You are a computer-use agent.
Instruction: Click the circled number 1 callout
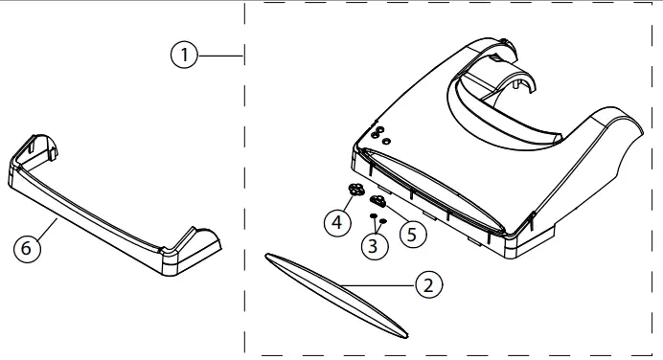click(185, 56)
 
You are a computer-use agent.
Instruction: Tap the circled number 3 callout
click(376, 246)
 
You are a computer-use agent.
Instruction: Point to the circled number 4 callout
click(336, 223)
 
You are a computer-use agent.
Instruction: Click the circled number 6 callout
click(29, 248)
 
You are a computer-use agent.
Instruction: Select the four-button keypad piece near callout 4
click(357, 189)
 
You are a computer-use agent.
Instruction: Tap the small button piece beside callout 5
click(378, 200)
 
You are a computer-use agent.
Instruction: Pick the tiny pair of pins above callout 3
click(377, 219)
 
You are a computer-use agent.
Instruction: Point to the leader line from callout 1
click(221, 56)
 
